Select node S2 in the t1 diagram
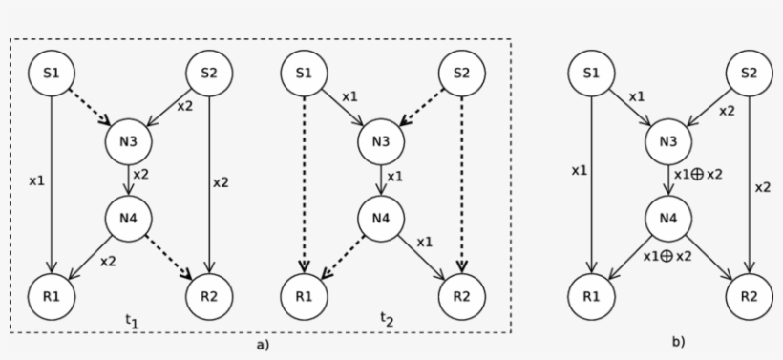coord(208,74)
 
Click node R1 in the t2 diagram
coord(304,294)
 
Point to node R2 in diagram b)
coord(748,294)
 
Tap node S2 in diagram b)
coord(748,74)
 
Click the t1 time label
coord(132,321)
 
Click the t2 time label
coord(386,319)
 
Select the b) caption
coord(677,341)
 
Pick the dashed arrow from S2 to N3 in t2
coord(422,108)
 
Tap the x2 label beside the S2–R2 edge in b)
coord(762,187)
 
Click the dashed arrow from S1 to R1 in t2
coord(304,181)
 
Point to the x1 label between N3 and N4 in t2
coord(395,177)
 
